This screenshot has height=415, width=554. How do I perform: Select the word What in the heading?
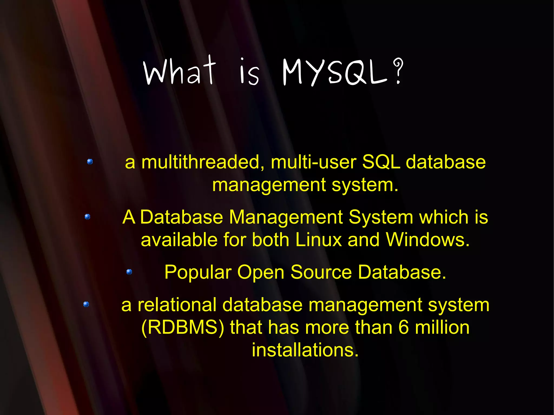(180, 71)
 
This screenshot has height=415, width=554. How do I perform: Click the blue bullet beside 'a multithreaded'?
(90, 162)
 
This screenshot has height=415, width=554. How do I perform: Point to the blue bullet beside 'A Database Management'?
(87, 217)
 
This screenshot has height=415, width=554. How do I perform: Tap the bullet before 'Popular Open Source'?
(129, 272)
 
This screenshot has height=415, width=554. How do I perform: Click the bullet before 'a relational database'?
(86, 304)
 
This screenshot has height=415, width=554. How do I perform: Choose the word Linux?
(318, 240)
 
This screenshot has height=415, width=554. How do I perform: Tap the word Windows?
(427, 240)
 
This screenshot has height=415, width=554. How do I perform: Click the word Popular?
(198, 273)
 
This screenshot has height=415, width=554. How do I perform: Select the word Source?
(321, 272)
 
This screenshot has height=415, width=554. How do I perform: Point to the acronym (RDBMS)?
(183, 328)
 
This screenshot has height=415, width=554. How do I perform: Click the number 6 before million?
(403, 328)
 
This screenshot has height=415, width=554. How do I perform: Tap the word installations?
(305, 350)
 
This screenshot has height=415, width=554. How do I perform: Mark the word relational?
(177, 305)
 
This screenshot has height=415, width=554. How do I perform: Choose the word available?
(179, 240)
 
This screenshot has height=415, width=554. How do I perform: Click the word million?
(442, 328)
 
